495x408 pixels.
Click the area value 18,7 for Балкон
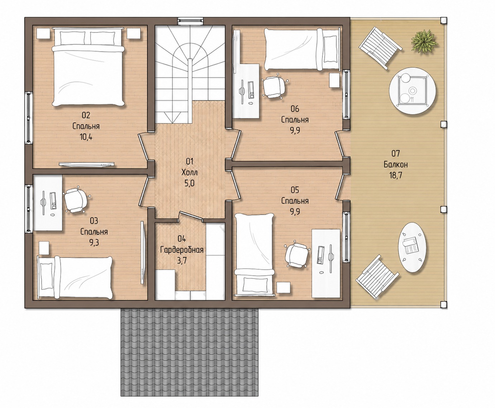396,175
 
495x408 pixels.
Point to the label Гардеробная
182,250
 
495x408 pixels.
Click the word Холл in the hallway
189,173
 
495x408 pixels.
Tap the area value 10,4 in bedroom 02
86,137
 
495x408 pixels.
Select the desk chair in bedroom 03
76,201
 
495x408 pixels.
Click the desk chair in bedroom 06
275,87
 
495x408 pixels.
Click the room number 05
295,190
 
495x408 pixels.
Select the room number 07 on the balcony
396,154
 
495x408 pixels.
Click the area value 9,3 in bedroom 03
94,243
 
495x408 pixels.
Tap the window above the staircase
191,21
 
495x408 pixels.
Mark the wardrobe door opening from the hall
191,216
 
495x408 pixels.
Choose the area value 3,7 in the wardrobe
182,261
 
